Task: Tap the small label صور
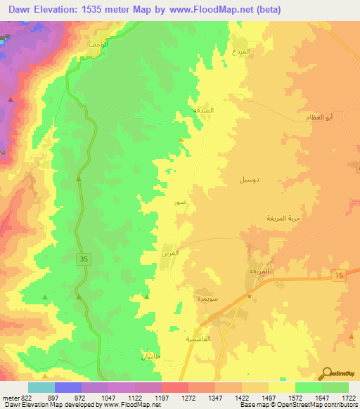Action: click(x=181, y=202)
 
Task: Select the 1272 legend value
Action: click(x=189, y=397)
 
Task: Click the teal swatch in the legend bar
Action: click(x=41, y=387)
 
